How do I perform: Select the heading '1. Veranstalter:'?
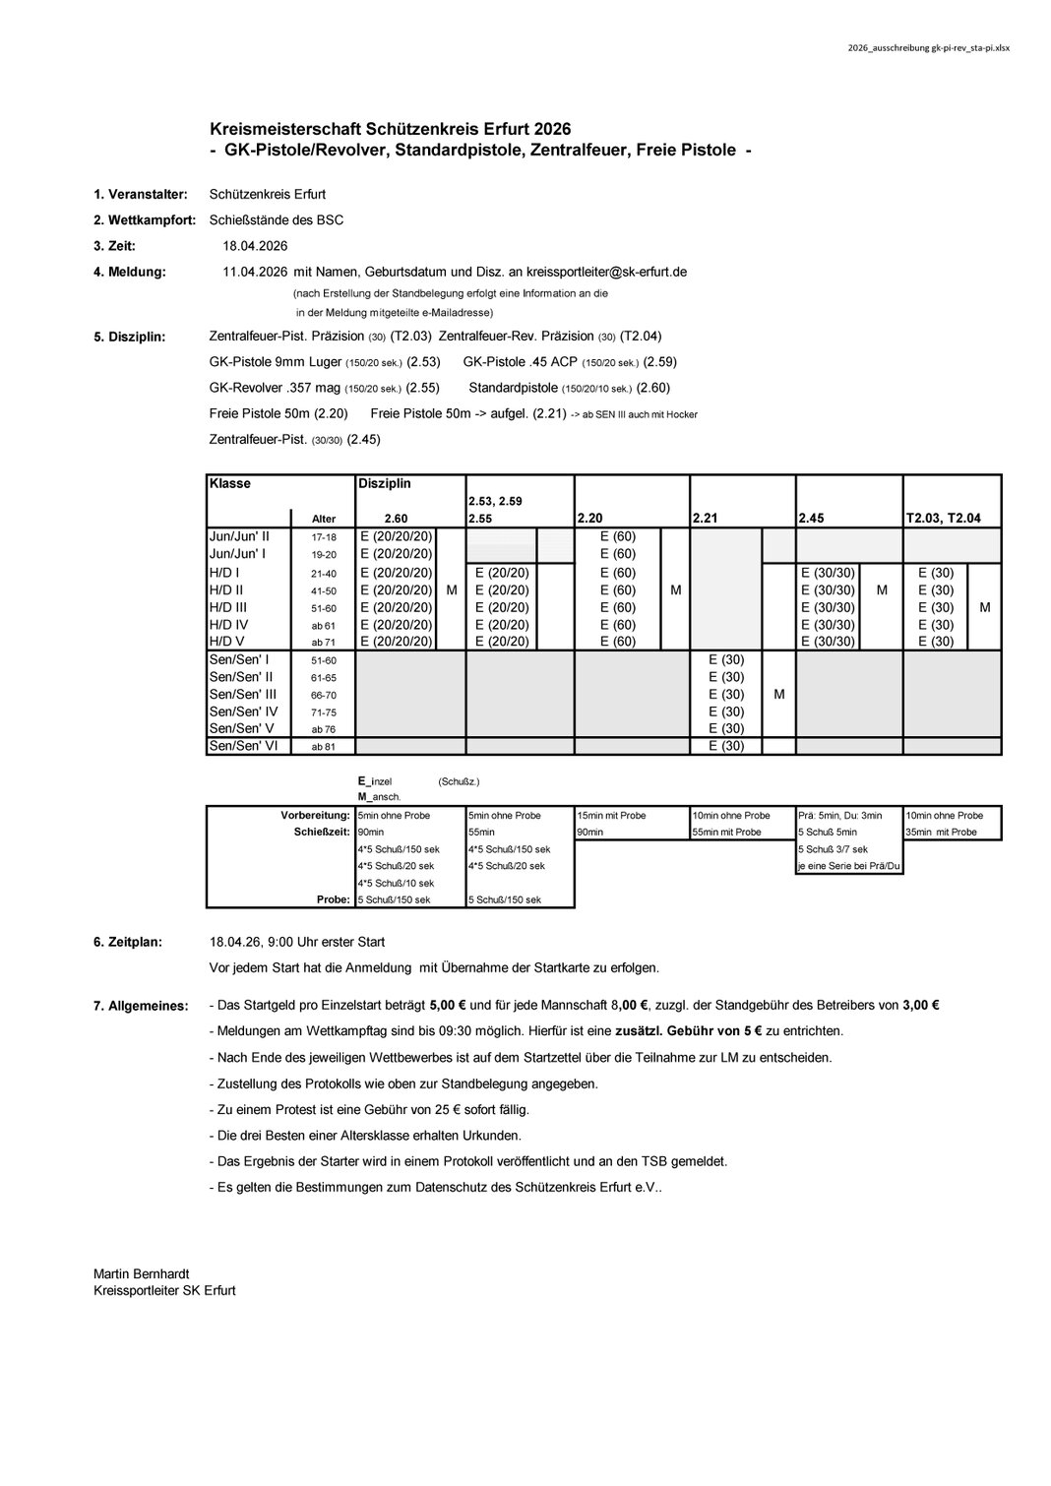[x=140, y=195]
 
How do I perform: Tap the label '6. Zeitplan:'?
[x=128, y=942]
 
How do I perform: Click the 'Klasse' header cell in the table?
[x=230, y=483]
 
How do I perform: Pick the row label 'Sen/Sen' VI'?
[x=243, y=746]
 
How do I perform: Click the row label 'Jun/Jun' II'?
[x=239, y=536]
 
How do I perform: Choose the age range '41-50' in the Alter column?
[x=323, y=590]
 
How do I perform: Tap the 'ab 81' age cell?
[x=323, y=747]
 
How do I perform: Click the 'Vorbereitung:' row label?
[x=315, y=815]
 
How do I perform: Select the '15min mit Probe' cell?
[x=611, y=815]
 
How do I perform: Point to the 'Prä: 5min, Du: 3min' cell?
[x=840, y=815]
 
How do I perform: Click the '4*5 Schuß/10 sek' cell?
[x=396, y=883]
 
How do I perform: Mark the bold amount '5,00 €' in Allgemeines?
[x=450, y=1006]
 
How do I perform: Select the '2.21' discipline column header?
[x=707, y=519]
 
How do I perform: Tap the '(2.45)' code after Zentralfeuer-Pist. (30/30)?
[x=363, y=439]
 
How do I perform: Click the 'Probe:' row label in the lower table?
[x=333, y=899]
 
